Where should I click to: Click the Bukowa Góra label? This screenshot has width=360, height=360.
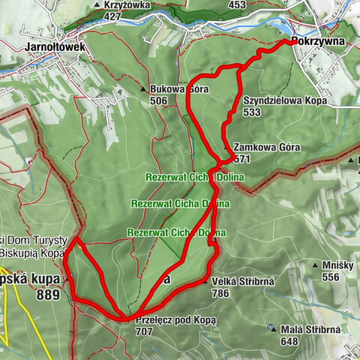tap(178, 89)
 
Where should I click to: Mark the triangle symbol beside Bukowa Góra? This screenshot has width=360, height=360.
tap(143, 89)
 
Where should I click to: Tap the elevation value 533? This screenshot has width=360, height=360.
tap(251, 112)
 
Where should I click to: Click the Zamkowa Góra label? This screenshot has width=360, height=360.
tap(266, 148)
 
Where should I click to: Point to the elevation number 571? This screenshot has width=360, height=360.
tap(241, 159)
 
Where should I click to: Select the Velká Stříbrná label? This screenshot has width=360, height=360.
tap(245, 280)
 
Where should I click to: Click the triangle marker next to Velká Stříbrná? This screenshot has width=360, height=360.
tap(205, 280)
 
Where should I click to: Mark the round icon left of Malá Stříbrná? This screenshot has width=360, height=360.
tap(271, 327)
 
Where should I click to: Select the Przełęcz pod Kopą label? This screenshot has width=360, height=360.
tap(177, 319)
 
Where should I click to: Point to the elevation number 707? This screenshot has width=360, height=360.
tap(145, 331)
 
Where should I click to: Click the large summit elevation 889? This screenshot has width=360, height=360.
tap(49, 295)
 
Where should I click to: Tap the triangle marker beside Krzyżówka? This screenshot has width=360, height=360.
tap(99, 5)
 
